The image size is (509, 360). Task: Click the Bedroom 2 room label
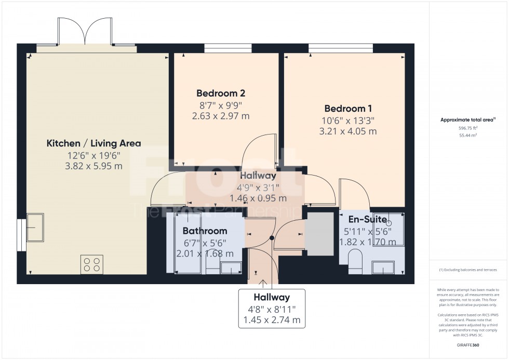(220, 94)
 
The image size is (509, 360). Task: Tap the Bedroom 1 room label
(348, 109)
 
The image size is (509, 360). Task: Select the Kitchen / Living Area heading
(93, 143)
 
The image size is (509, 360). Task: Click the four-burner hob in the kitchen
(92, 264)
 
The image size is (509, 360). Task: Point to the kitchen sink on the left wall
(35, 228)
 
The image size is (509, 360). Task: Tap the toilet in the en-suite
(355, 260)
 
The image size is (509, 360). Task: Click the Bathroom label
(205, 231)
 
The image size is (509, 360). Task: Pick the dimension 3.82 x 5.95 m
(93, 166)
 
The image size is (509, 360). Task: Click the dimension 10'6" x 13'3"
(348, 120)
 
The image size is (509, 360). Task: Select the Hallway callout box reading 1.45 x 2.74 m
(272, 309)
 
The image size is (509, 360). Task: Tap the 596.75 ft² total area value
(467, 127)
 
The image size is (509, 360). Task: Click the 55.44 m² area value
(467, 135)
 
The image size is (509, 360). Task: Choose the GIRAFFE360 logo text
(467, 345)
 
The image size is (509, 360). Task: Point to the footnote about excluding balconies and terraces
(467, 270)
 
